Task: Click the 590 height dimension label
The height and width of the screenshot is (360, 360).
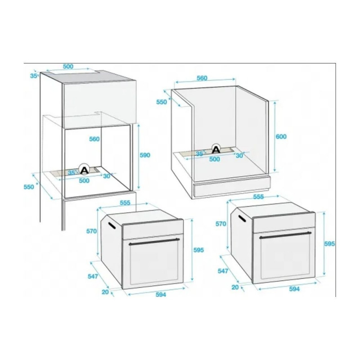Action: click(x=145, y=155)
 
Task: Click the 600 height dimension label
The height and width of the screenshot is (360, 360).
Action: click(x=281, y=136)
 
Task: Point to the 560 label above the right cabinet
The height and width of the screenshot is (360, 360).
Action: click(x=202, y=78)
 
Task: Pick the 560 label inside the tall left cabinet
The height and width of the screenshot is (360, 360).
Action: click(x=94, y=139)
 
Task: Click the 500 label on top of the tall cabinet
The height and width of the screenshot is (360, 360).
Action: click(x=68, y=66)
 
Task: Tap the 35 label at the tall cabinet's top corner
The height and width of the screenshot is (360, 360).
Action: click(x=33, y=76)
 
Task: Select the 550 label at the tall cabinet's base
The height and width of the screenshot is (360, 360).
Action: click(x=29, y=187)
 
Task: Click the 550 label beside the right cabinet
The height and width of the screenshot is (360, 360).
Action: click(x=162, y=102)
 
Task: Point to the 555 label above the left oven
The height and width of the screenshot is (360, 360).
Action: click(x=125, y=203)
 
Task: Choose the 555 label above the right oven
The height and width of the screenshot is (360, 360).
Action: click(x=258, y=197)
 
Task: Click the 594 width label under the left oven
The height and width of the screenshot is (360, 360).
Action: click(x=161, y=295)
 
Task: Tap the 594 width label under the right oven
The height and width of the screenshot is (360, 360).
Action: click(x=294, y=288)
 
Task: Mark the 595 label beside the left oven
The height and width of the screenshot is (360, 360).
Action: click(x=198, y=250)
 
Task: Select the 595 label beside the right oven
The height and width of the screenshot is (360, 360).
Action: click(x=329, y=244)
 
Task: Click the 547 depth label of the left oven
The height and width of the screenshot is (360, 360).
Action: click(x=93, y=276)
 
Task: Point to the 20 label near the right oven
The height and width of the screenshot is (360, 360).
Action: click(x=235, y=287)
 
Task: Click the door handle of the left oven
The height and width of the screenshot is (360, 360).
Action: click(x=154, y=242)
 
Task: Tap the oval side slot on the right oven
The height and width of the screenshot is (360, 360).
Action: click(x=242, y=218)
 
